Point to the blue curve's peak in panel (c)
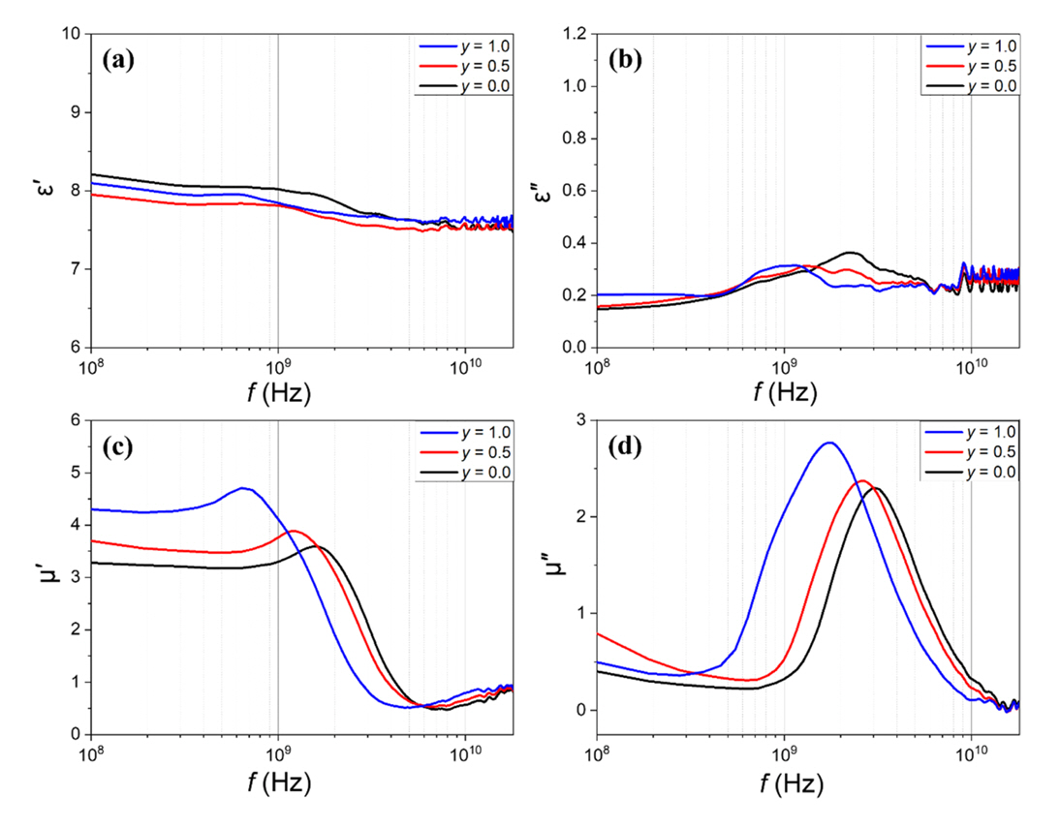[243, 488]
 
